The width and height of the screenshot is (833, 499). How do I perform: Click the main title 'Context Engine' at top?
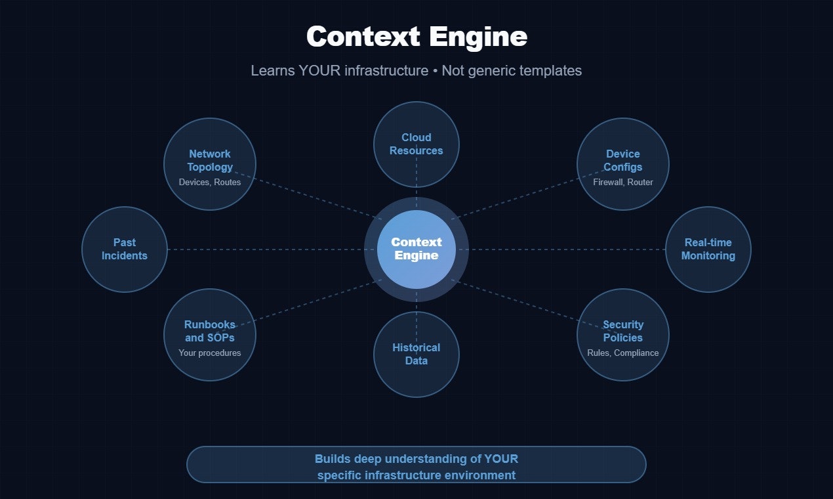416,37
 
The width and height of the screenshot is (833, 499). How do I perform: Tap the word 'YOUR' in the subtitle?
319,71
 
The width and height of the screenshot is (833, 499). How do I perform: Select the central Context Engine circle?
416,249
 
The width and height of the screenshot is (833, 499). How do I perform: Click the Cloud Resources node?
416,144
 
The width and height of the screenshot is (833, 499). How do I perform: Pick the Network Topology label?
210,160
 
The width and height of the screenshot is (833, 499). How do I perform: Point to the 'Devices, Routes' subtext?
210,182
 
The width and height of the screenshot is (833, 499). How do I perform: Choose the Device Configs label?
623,160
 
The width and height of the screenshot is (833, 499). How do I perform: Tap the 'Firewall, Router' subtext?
623,182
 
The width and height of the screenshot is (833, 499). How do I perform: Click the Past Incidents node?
125,249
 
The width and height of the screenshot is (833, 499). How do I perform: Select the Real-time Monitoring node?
708,249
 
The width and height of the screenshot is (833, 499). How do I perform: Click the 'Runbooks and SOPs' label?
210,331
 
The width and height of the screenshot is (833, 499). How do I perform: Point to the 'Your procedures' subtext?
210,353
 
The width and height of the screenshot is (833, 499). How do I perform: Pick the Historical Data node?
416,355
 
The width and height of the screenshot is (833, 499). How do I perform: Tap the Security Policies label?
623,331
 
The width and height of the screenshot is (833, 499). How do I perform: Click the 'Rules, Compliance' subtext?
623,353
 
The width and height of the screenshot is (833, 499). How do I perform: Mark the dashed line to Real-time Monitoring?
564,249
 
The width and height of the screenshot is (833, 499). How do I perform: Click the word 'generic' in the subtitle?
490,71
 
